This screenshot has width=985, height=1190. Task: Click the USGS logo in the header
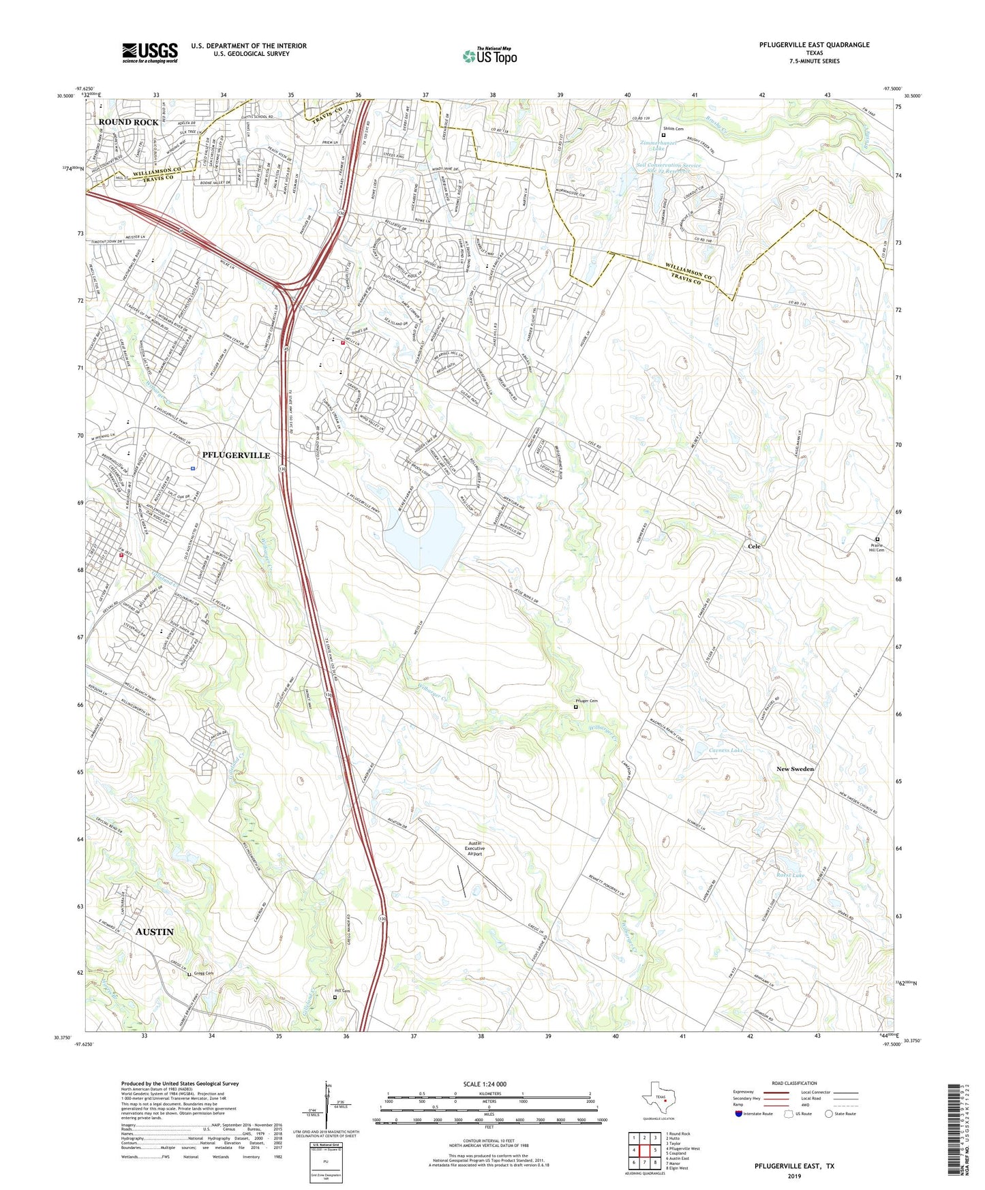150,52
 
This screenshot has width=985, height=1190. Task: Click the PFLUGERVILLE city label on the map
236,455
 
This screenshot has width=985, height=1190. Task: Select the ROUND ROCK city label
128,122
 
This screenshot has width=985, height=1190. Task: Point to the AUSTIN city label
155,932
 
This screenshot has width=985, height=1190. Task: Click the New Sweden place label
795,769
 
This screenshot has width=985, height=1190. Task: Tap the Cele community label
753,547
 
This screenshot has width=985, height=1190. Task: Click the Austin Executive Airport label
474,849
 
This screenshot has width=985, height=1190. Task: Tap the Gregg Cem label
203,973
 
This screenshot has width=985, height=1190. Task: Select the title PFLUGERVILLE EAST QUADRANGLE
814,45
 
